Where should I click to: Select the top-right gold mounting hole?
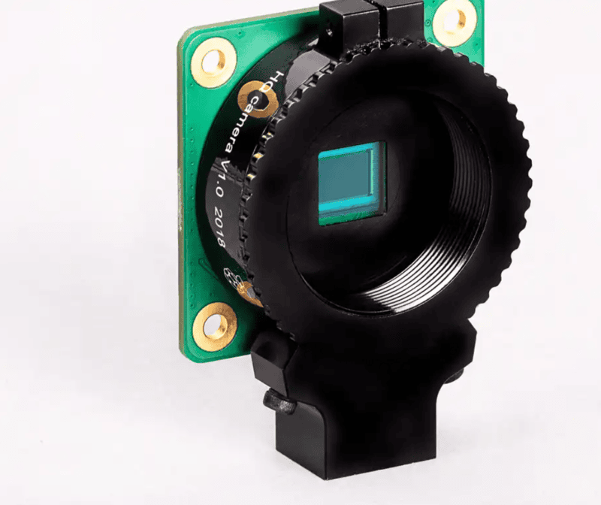click(454, 21)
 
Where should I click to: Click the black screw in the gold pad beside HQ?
click(249, 95)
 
